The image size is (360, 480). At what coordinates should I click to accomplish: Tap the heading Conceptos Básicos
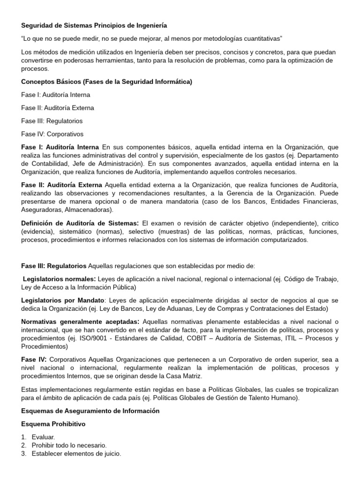[52, 82]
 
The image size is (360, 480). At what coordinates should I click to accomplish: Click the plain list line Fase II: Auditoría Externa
[58, 108]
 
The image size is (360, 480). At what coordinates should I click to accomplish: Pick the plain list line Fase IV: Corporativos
[52, 134]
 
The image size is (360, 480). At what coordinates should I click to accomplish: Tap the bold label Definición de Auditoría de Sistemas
[80, 223]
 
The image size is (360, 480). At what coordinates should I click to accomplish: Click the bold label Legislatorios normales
[60, 279]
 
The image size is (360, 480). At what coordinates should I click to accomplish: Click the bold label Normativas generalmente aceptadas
[80, 322]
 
